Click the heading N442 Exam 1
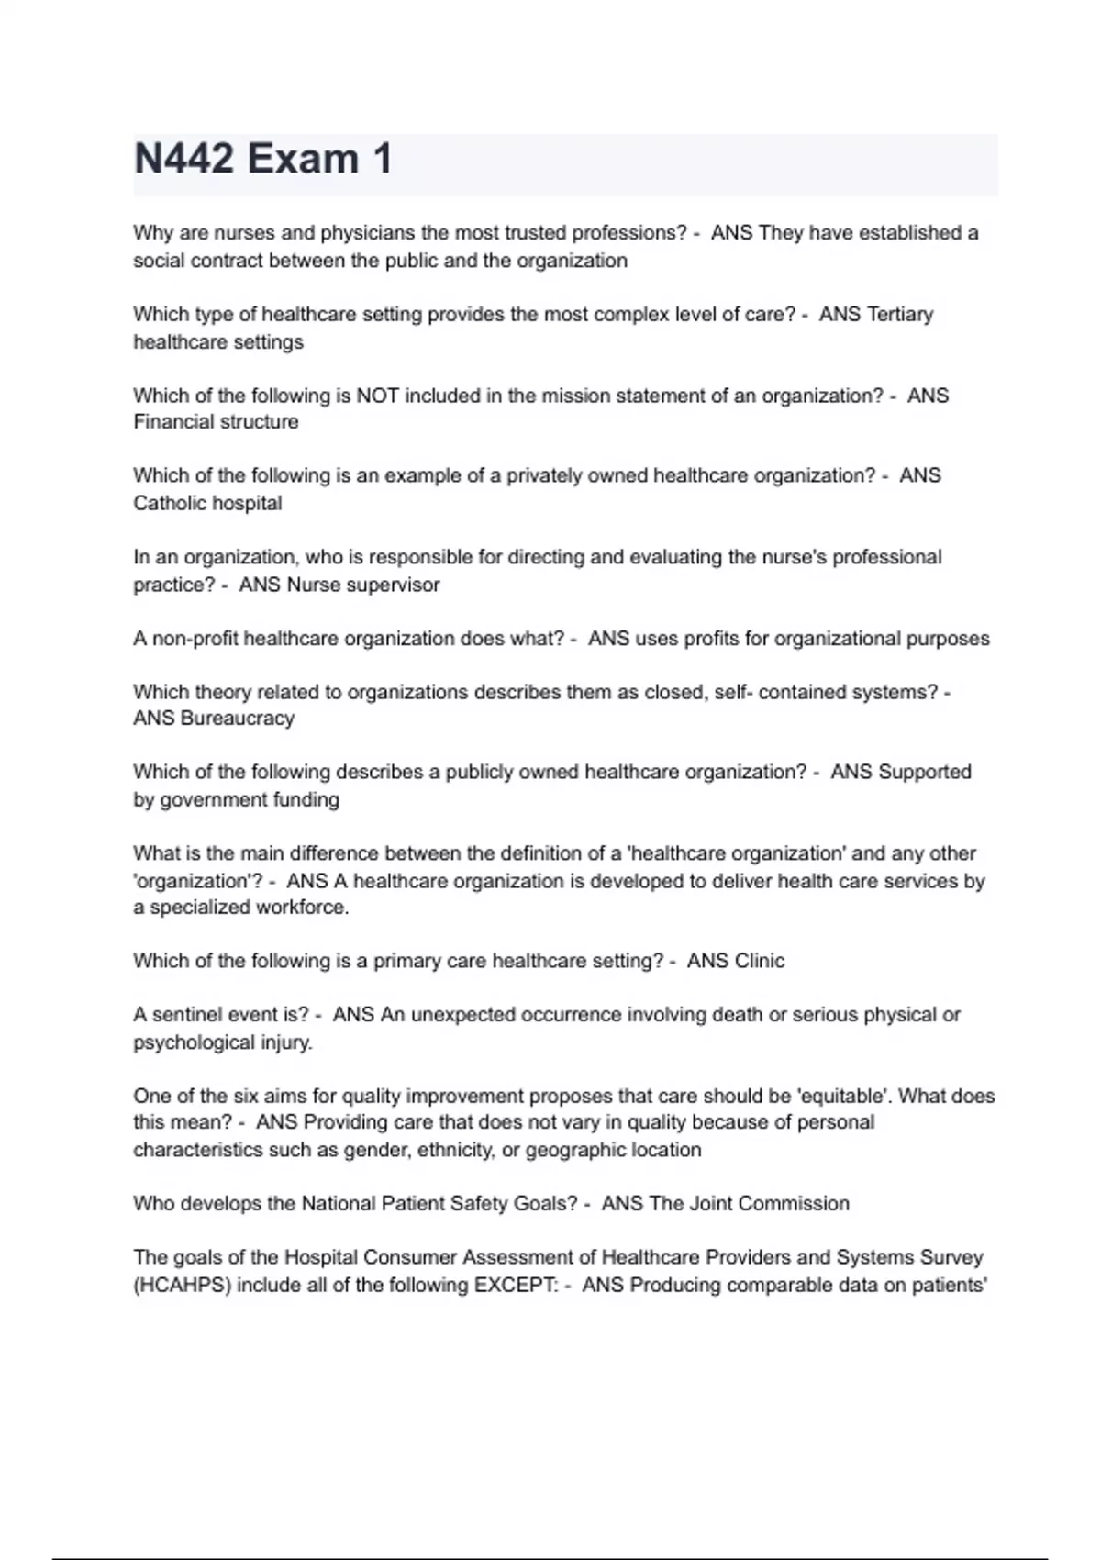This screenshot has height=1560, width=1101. (263, 159)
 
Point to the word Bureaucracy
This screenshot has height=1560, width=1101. (238, 719)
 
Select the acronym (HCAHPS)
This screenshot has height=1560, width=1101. (183, 1285)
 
